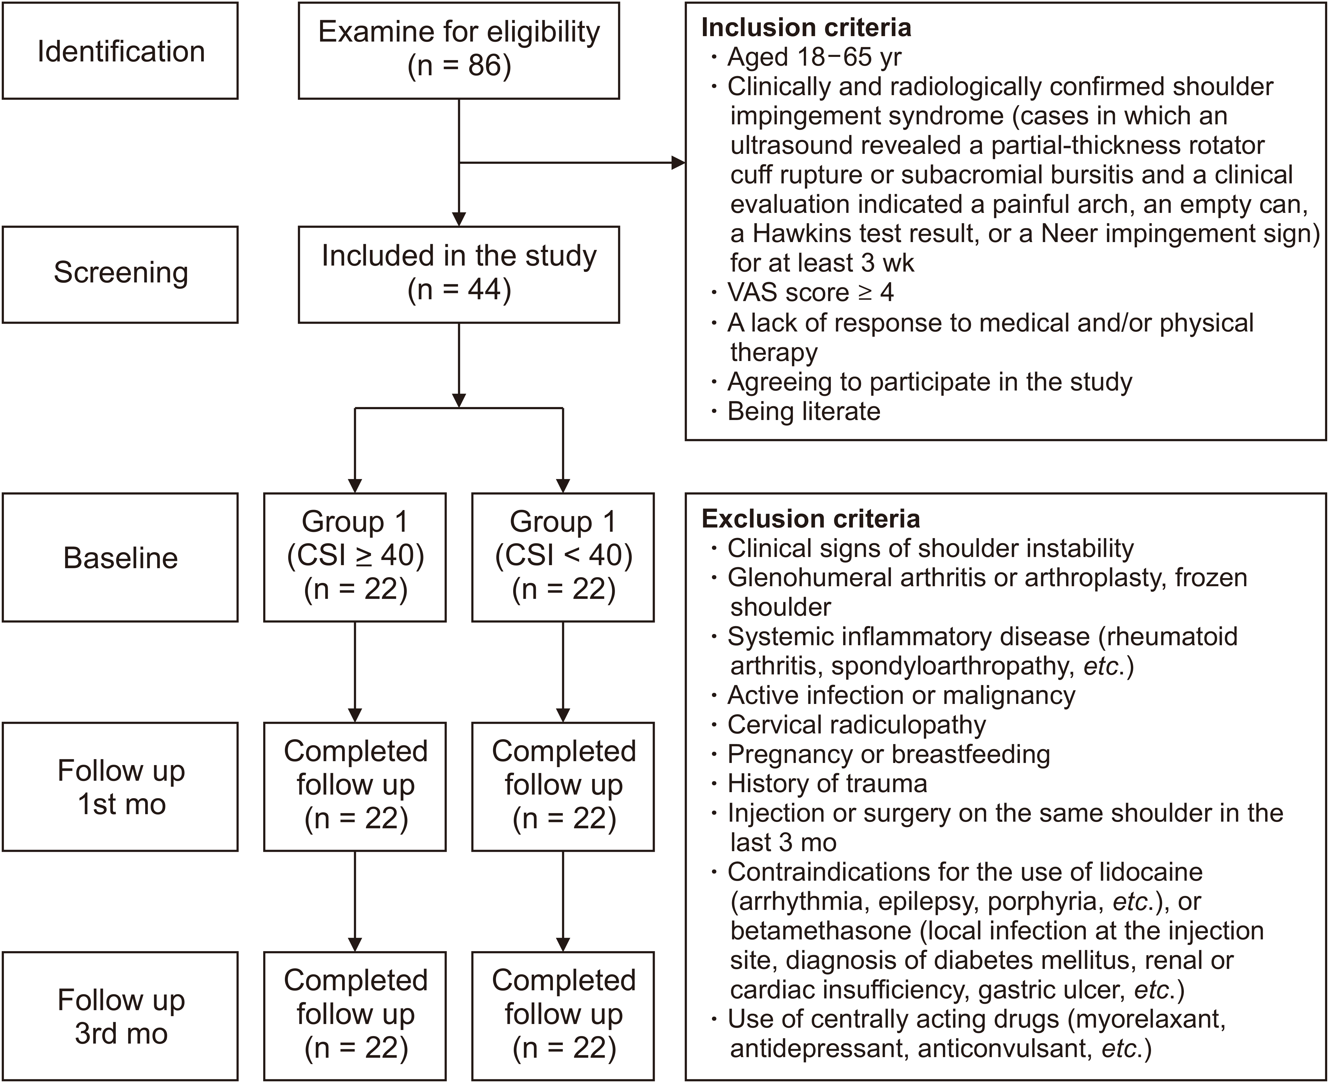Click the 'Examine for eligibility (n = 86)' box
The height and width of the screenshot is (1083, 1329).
pyautogui.click(x=459, y=51)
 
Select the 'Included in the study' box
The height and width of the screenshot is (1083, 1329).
pyautogui.click(x=459, y=275)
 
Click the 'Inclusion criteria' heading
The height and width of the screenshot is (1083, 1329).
pyautogui.click(x=806, y=27)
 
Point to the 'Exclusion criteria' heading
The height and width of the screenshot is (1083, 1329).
pyautogui.click(x=810, y=518)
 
